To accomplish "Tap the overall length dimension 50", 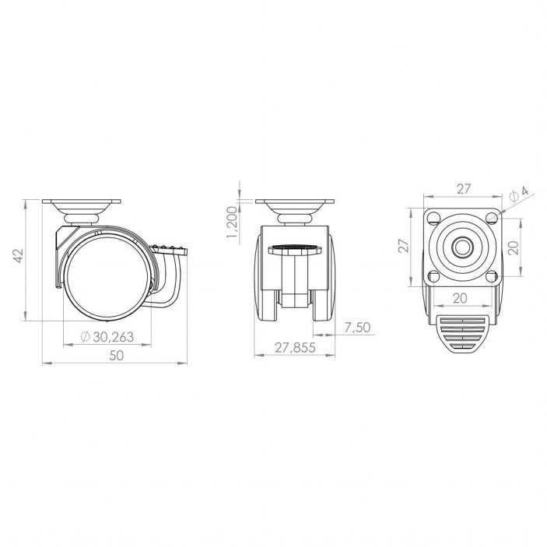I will click(x=116, y=356).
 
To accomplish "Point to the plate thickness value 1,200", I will click(x=231, y=223).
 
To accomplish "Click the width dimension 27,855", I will click(x=295, y=348).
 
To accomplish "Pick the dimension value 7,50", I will click(x=356, y=328).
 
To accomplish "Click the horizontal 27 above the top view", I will click(x=463, y=188).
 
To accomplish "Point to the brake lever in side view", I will click(x=174, y=251).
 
